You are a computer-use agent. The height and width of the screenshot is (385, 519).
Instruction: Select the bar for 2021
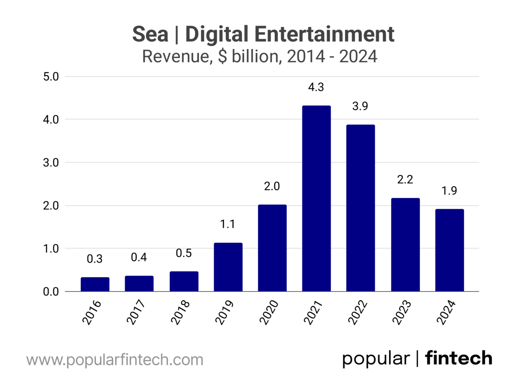pos(316,199)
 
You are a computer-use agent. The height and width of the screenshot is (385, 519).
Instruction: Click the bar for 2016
pos(95,284)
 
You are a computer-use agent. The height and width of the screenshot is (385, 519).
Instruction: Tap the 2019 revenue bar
pos(228,267)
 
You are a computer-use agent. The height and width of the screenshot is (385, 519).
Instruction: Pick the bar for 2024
pos(449,250)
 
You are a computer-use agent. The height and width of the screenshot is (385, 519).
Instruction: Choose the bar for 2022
pos(360,208)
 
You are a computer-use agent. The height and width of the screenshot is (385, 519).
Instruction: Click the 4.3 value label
pos(316,87)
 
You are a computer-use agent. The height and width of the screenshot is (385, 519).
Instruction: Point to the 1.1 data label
pos(227,224)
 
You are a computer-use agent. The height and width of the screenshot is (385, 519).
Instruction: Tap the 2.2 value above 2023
pos(405,179)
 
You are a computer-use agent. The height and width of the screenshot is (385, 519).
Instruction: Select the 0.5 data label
pos(184,253)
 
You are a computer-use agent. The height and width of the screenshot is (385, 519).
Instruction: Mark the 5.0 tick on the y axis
pos(51,77)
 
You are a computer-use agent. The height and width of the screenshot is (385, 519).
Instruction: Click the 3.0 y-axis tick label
pos(51,163)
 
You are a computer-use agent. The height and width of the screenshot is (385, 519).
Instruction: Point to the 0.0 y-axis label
pos(51,292)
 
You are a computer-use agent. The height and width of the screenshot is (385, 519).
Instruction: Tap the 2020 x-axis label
pos(269,312)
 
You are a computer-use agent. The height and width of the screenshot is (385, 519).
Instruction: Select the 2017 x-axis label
pos(136,312)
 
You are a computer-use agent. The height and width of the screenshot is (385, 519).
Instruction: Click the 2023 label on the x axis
pos(402,312)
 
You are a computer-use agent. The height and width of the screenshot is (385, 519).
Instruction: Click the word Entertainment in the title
pos(324,34)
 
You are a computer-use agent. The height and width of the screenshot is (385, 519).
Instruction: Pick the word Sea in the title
pos(150,34)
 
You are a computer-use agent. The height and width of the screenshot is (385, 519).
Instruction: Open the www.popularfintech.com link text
pos(115,360)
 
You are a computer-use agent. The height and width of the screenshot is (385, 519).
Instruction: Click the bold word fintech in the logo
pos(458,358)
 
